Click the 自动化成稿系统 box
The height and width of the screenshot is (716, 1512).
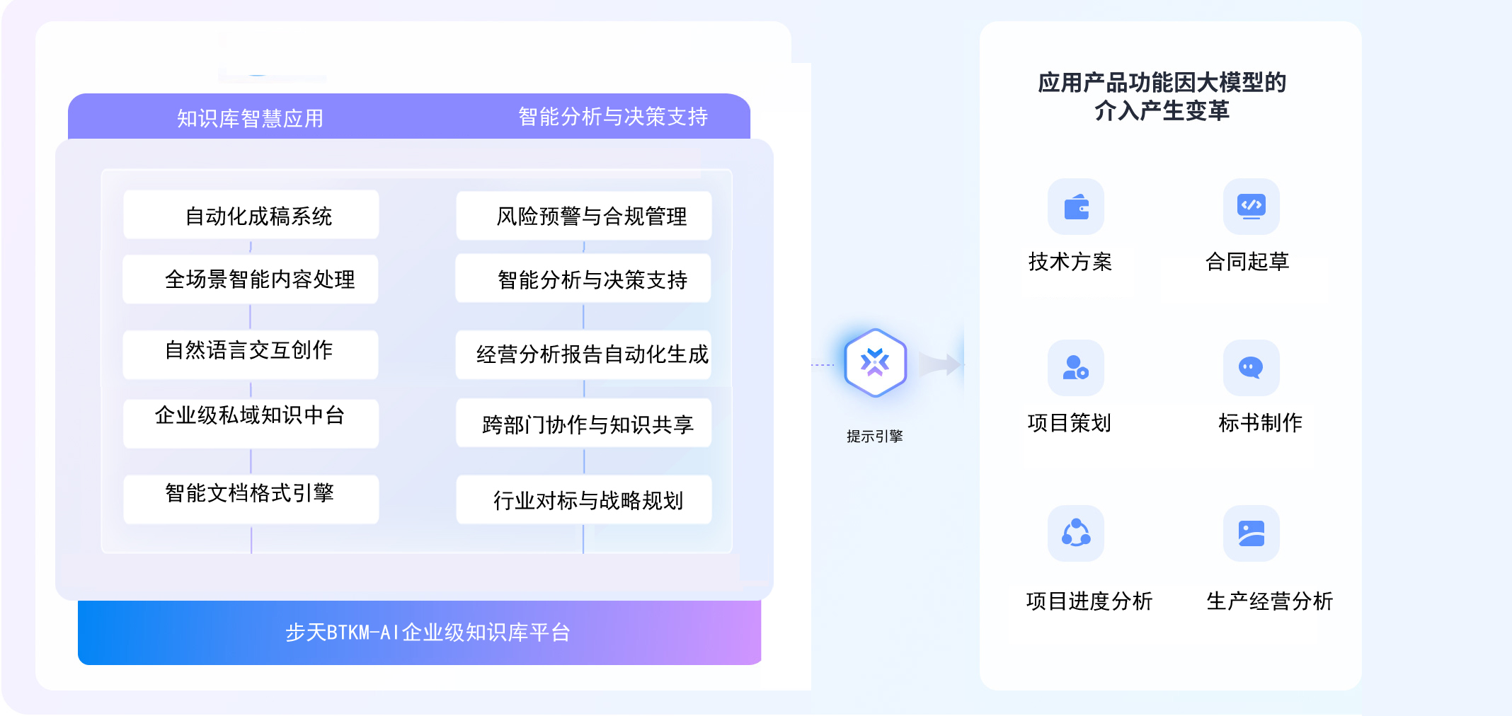[251, 215]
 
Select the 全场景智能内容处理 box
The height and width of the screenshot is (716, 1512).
[251, 279]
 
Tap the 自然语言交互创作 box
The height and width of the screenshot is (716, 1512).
[251, 353]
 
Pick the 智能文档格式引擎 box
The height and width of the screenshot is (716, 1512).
[251, 497]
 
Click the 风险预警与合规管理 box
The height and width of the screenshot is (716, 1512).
[584, 216]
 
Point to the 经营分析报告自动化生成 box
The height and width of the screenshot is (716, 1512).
[584, 354]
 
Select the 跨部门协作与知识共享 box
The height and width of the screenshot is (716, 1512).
[584, 423]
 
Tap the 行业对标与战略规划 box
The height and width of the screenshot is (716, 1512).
[584, 500]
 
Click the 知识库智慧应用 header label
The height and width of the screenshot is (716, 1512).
[251, 118]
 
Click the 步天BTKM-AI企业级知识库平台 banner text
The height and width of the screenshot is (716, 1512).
[428, 632]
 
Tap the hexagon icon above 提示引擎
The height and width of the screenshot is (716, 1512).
[875, 363]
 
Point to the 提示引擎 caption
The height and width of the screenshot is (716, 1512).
[875, 436]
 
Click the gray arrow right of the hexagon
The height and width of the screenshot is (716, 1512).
[941, 364]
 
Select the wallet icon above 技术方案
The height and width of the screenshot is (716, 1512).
[1076, 207]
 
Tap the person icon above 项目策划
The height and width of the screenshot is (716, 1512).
[1076, 368]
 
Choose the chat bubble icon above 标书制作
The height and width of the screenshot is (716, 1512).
[1251, 368]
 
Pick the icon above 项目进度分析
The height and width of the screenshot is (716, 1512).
[1076, 533]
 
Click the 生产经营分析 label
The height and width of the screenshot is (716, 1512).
[1269, 601]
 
